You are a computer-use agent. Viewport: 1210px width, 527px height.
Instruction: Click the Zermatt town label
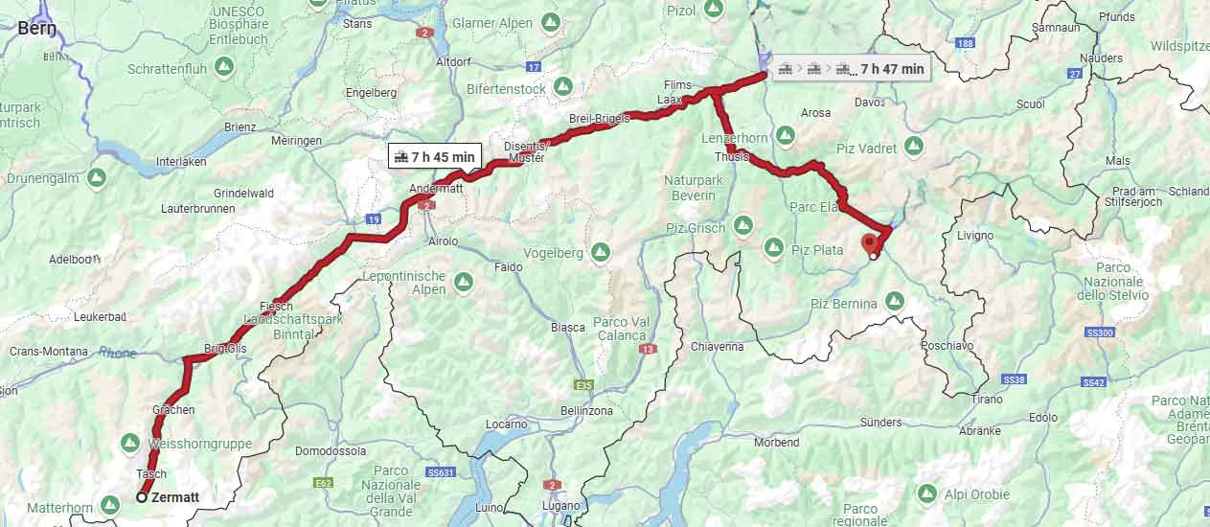pos(175,497)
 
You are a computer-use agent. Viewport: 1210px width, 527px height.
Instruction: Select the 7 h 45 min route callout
pos(434,157)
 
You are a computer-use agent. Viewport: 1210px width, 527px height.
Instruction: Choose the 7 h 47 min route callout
pos(851,68)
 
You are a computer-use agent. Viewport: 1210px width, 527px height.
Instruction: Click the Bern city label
pos(36,28)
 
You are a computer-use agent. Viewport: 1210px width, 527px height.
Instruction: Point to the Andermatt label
pos(436,189)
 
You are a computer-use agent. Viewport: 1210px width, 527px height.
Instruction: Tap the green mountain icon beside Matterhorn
pos(110,505)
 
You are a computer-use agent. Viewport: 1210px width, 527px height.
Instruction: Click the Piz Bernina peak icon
pos(894,302)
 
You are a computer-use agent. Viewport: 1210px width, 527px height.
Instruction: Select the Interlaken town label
pos(181,161)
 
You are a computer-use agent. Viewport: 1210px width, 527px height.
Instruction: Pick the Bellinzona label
pos(586,411)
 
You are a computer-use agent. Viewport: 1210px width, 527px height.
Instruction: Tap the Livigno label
pos(975,236)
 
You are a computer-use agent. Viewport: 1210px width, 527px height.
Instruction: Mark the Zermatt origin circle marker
pos(142,497)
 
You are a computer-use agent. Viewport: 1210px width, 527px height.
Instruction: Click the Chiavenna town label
pos(716,347)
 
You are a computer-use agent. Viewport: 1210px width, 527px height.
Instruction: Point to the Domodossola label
pos(331,450)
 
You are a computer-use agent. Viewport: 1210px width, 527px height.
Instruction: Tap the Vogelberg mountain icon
pos(601,252)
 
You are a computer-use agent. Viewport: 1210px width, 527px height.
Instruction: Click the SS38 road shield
pos(1015,380)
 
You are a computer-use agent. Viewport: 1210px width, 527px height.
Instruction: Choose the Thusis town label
pos(732,157)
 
